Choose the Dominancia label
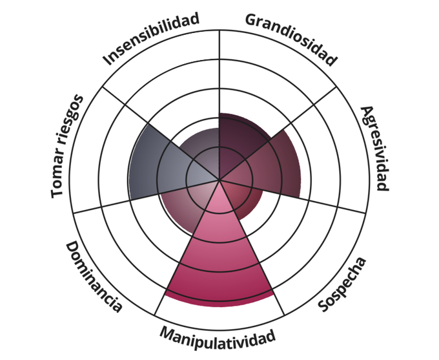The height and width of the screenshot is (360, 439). [x=94, y=277]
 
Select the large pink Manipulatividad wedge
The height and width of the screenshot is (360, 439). [x=219, y=259]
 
